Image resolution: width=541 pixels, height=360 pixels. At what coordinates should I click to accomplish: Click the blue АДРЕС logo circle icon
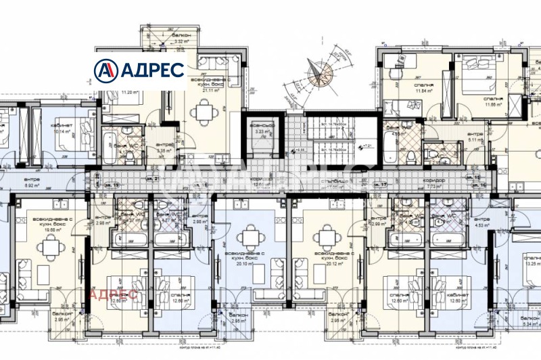[x=105, y=70]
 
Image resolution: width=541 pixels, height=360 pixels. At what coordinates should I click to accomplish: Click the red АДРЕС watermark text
[x=114, y=294]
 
